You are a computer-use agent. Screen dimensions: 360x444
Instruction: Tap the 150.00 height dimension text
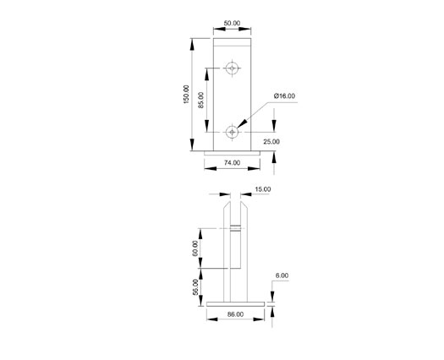(x=187, y=95)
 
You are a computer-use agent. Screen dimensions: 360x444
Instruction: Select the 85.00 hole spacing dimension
(x=201, y=101)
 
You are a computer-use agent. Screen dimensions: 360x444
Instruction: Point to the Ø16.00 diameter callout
(x=284, y=96)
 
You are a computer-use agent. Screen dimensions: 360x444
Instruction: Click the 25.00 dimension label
(x=271, y=141)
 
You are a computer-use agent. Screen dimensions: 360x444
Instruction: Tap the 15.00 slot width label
(x=261, y=190)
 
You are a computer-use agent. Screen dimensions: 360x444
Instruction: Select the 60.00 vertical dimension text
(x=195, y=248)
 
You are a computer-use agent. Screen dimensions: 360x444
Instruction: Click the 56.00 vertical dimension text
(x=195, y=287)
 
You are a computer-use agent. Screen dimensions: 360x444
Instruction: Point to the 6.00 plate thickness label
(x=282, y=275)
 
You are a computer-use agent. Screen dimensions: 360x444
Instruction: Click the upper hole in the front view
(x=233, y=67)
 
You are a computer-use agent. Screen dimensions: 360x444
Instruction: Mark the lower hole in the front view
(x=233, y=132)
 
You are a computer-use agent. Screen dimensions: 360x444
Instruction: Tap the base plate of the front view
(x=232, y=151)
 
